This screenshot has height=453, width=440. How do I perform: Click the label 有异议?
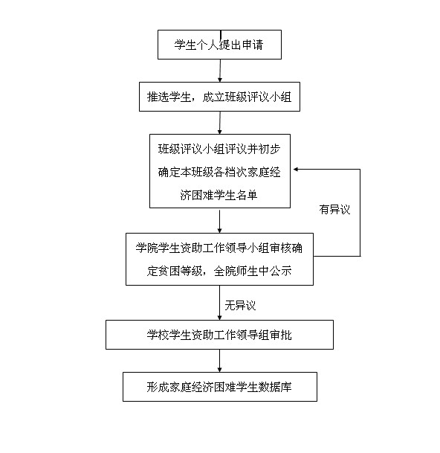334,209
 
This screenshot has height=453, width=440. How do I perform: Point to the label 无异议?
240,305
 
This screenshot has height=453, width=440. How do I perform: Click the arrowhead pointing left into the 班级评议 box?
296,170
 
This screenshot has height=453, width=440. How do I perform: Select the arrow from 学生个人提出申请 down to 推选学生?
220,71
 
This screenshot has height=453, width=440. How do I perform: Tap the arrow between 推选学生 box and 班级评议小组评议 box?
220,123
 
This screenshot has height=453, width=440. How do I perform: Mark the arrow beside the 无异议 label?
219,303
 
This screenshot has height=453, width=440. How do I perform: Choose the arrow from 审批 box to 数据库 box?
219,361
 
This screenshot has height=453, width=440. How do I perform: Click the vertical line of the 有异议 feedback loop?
360,213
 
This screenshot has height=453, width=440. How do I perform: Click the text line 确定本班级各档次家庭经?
219,172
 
